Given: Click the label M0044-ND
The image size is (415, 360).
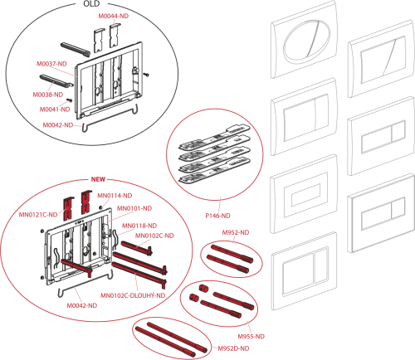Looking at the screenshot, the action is coord(114,16).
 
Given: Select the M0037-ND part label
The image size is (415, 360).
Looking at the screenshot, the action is coord(51,64).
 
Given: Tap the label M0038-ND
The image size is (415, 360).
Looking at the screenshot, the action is coord(48,95).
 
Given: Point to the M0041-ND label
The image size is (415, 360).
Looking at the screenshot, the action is coord(55,109).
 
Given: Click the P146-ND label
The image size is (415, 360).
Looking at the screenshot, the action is coord(217,216).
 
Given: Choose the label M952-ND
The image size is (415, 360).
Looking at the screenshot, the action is coord(236,232).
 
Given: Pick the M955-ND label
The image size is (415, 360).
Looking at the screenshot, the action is coord(251,337).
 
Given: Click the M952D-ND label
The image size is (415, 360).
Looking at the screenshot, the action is coord(233,348).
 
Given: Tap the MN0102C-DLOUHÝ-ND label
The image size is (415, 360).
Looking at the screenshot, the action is coord(133,295).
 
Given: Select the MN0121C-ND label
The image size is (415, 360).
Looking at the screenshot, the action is coord(38,215).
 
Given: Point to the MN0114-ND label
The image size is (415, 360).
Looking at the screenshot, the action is coord(115,196).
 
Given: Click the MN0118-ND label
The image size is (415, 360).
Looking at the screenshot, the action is coord(139,226).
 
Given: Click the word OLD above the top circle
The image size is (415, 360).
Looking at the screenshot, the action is coord(91,4).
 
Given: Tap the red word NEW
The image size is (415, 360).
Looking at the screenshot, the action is coord(98,179).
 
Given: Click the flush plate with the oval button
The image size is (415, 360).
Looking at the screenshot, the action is coord(304,40).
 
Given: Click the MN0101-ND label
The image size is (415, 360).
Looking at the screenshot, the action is coord(134,208).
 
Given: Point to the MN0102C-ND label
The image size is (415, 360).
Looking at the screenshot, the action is coord(154,236).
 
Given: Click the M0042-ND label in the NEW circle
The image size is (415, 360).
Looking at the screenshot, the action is coord(82,305).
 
